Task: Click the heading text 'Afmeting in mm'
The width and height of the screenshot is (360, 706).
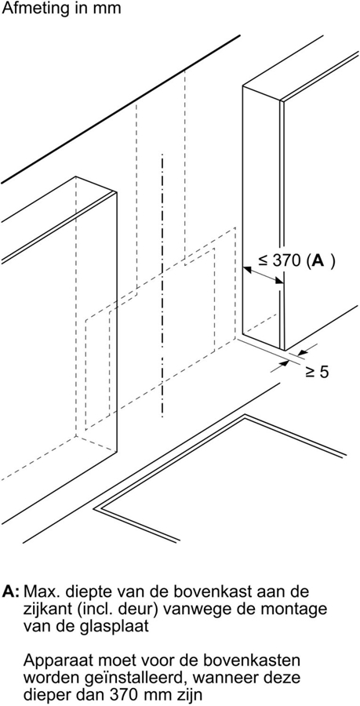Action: tap(62, 8)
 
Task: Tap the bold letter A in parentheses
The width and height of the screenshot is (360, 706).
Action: tap(318, 261)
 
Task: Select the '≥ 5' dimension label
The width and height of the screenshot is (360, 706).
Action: tap(317, 372)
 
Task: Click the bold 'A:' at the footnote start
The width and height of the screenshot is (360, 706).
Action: tap(10, 591)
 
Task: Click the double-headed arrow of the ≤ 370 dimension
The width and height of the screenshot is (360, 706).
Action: tap(264, 275)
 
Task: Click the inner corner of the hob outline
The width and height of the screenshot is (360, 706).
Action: tap(245, 417)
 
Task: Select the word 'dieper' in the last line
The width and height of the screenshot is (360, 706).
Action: tap(49, 697)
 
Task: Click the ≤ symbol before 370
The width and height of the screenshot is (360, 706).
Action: tap(264, 262)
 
